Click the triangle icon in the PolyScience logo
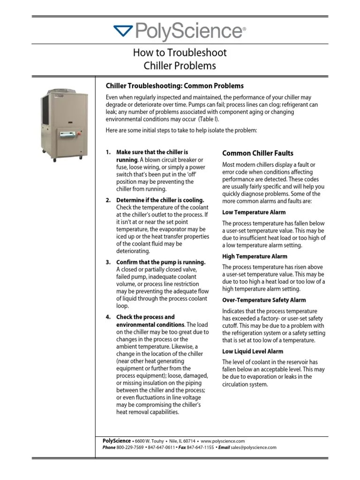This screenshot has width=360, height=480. tap(124, 31)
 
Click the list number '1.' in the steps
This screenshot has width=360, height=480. tap(108, 153)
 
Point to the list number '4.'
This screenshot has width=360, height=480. tap(108, 317)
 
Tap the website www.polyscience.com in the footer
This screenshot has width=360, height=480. tap(224, 441)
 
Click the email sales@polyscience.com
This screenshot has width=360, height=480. tap(254, 448)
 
